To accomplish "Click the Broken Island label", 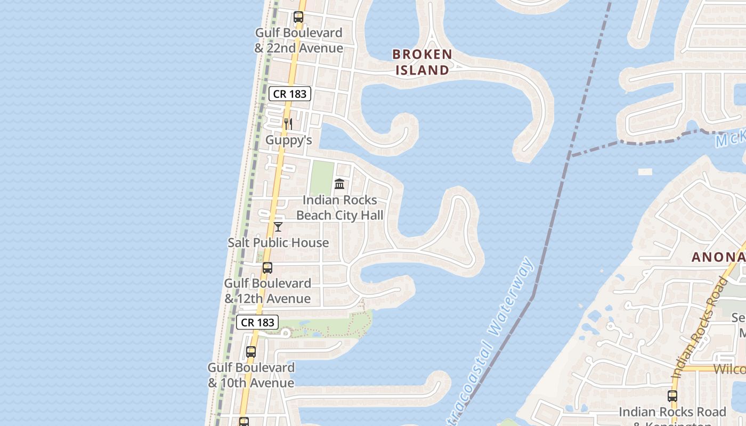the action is click(x=422, y=62).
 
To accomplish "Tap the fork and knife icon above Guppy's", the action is click(x=288, y=124).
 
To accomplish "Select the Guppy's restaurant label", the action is click(x=288, y=140).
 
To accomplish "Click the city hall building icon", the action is click(x=339, y=184).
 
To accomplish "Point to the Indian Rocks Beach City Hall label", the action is click(x=339, y=208).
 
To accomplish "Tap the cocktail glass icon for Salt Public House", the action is click(x=278, y=227).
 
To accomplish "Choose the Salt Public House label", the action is click(x=278, y=243).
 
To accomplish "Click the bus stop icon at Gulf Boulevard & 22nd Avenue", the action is click(x=298, y=17).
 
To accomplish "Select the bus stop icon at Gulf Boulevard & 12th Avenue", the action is click(x=267, y=268).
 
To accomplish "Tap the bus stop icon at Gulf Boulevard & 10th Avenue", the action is click(x=251, y=352).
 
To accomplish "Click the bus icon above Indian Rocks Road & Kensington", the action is click(x=672, y=396).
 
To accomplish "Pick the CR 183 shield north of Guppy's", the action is click(x=289, y=94).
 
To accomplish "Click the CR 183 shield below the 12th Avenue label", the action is click(x=257, y=322).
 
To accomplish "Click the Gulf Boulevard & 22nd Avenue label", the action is click(x=298, y=40).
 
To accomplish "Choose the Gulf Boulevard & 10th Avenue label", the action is click(x=251, y=375).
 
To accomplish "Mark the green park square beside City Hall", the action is click(x=322, y=178).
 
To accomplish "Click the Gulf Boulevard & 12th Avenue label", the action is click(x=267, y=291).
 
